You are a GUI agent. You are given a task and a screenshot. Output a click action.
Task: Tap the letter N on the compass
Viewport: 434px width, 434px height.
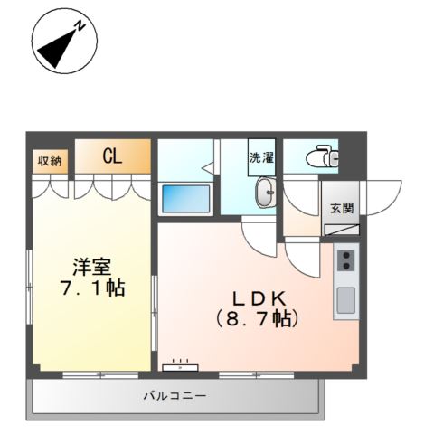pyautogui.click(x=80, y=26)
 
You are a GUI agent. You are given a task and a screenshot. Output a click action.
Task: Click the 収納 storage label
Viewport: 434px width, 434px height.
pyautogui.click(x=49, y=161)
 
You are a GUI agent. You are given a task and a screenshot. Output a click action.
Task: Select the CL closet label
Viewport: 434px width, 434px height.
pyautogui.click(x=111, y=157)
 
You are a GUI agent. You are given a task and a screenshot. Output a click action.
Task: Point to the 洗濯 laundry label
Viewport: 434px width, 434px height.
pyautogui.click(x=261, y=156)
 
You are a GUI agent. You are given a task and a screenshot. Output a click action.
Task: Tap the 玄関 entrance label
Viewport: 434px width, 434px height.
pyautogui.click(x=342, y=208)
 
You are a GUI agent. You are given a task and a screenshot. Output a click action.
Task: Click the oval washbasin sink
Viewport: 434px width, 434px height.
pyautogui.click(x=264, y=193)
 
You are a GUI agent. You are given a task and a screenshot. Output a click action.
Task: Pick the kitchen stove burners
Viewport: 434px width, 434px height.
pyautogui.click(x=345, y=262)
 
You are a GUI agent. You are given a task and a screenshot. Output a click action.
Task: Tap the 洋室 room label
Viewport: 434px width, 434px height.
pyautogui.click(x=90, y=268)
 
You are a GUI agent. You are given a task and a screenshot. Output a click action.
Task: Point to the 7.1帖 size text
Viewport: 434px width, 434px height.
pyautogui.click(x=90, y=290)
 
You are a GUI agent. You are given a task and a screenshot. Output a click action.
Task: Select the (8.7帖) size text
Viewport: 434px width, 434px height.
pyautogui.click(x=257, y=318)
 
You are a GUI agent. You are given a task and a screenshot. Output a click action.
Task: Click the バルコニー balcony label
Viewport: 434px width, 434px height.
pyautogui.click(x=175, y=396)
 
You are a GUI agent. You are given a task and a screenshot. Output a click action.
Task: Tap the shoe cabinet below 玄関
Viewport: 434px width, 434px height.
pyautogui.click(x=342, y=229)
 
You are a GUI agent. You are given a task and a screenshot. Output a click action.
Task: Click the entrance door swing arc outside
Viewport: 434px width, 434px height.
pyautogui.click(x=384, y=201)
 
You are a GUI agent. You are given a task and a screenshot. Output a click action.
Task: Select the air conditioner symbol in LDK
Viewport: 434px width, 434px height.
pyautogui.click(x=180, y=366)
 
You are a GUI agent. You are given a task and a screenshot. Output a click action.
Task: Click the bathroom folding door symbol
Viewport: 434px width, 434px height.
pyautogui.click(x=206, y=167)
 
